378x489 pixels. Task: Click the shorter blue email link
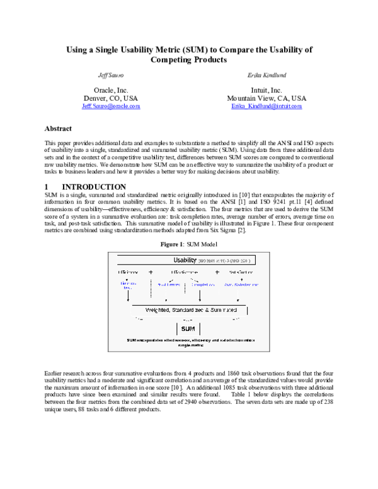point(111,106)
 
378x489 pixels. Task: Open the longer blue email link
point(266,106)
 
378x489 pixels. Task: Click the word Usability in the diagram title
point(185,260)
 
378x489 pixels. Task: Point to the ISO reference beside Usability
point(225,260)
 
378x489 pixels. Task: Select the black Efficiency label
point(128,272)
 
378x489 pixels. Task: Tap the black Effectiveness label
point(185,272)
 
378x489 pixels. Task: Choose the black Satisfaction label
point(241,272)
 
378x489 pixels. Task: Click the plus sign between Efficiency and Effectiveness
point(151,272)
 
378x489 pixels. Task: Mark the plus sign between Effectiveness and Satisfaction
point(217,272)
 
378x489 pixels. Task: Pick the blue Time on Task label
point(128,286)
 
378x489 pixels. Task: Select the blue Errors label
point(169,285)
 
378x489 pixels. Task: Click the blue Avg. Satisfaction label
point(241,285)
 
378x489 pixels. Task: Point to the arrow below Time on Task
point(128,296)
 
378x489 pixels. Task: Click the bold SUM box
point(188,329)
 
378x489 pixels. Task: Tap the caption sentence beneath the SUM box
point(188,343)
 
